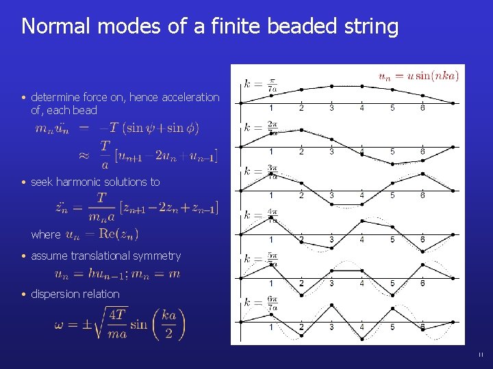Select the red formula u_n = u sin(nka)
pos(418,76)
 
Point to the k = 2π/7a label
pos(261,128)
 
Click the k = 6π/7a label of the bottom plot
pos(261,303)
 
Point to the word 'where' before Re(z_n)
pos(46,234)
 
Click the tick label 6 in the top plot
pos(422,108)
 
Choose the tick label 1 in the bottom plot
pos(271,327)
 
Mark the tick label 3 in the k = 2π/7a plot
pos(331,152)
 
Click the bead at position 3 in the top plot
pos(332,86)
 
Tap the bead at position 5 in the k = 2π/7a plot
pos(392,164)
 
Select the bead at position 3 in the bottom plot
pos(332,305)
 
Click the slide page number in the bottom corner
pos(481,355)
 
